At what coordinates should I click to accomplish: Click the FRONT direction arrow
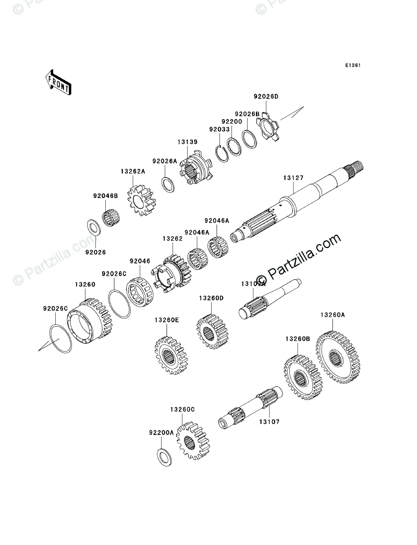(x=58, y=82)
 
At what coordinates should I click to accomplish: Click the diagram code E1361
(x=352, y=66)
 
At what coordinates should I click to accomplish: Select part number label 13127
(x=293, y=178)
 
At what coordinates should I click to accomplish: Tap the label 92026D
(x=266, y=97)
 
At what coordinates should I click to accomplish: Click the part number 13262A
(x=132, y=170)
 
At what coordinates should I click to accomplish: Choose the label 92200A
(x=161, y=432)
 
